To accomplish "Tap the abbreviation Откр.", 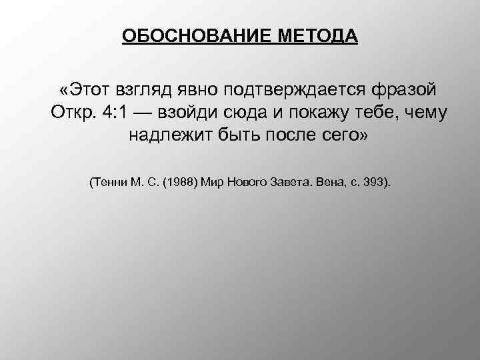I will point(70,113).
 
